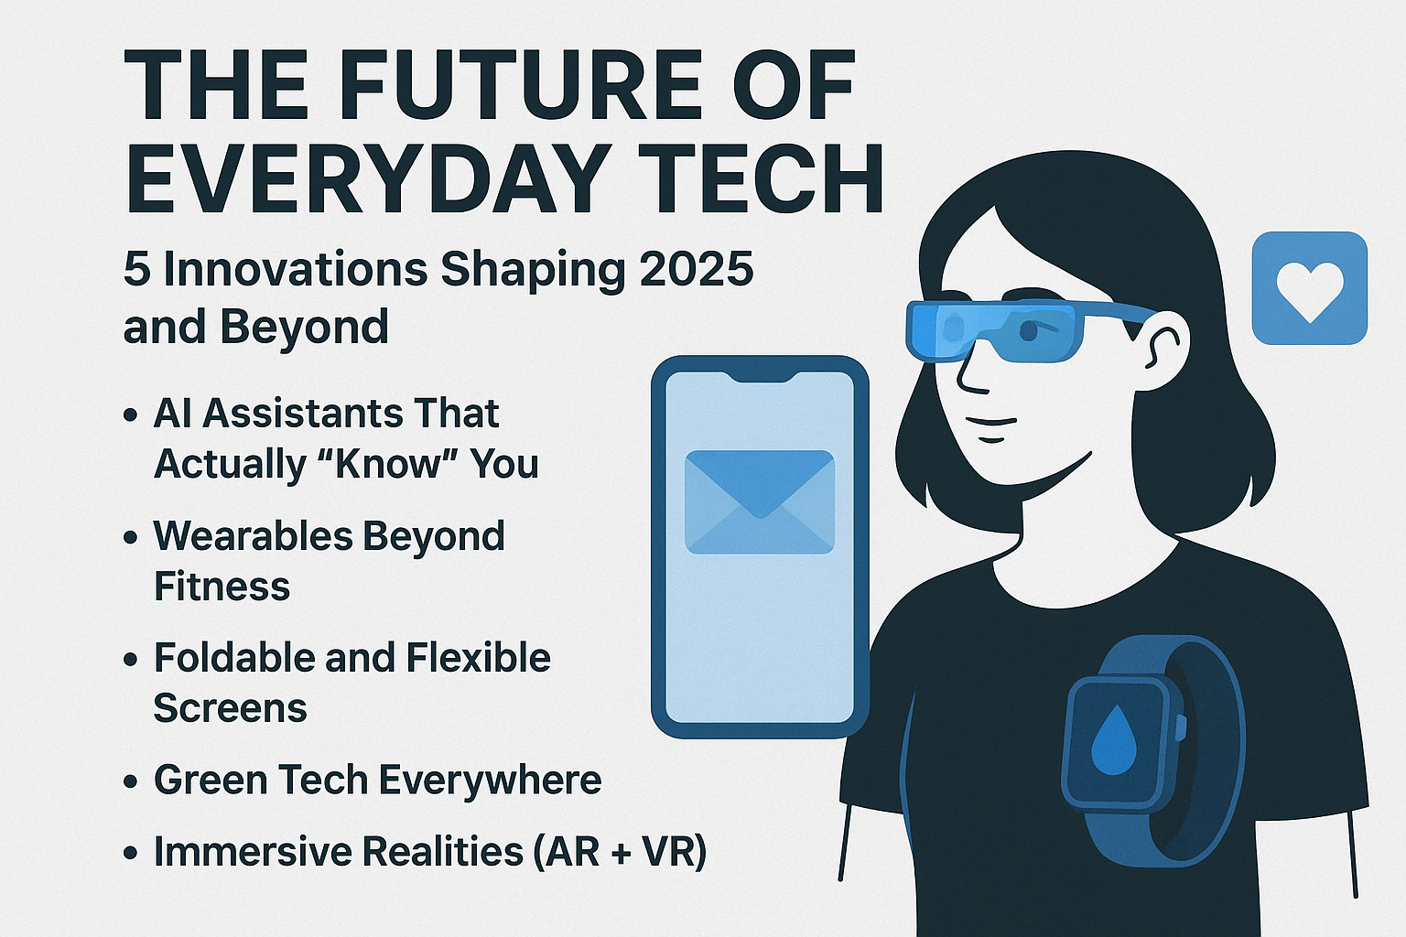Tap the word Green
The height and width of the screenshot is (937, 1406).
point(212,780)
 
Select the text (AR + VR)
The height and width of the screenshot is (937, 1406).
point(620,852)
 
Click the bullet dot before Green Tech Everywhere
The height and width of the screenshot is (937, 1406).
point(131,781)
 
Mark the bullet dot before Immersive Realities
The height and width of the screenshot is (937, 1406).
point(131,853)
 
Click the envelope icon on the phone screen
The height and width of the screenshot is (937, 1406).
point(760,502)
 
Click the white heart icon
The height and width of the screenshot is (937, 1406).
point(1309,292)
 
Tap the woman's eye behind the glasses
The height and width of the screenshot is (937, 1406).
point(1028,330)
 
